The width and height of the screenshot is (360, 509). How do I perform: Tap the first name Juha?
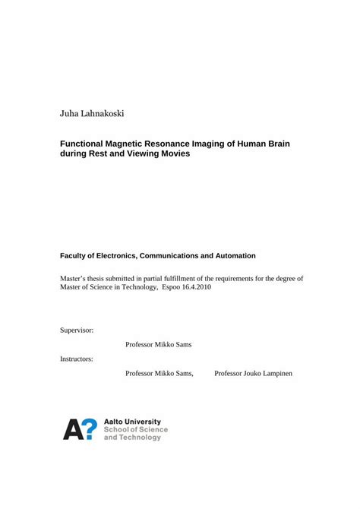coord(69,114)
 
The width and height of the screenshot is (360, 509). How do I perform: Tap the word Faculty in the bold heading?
coord(76,256)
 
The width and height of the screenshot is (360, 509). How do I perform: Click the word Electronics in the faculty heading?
coord(128,256)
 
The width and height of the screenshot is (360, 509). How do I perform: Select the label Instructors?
coord(77,358)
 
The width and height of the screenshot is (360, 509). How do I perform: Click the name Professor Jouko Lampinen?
coord(254,373)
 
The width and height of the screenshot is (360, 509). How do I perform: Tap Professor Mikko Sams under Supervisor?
coord(159,344)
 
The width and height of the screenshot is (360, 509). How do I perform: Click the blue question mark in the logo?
coord(89,429)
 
